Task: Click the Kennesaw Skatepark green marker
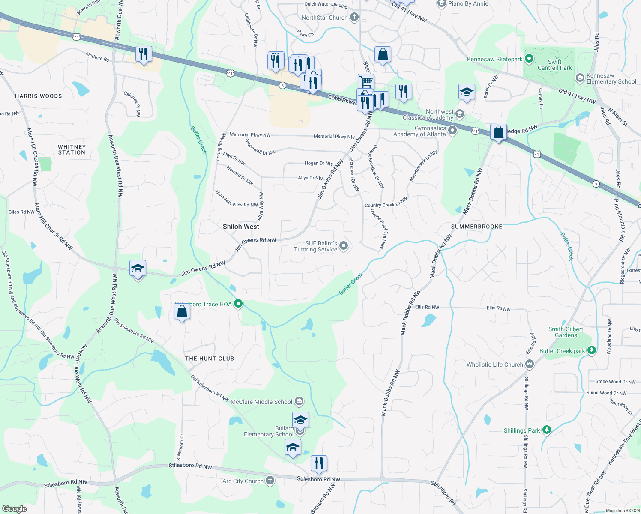(x=529, y=59)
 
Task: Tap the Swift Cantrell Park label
(x=554, y=65)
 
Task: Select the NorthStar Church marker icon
(x=354, y=18)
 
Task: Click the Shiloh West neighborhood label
(x=241, y=227)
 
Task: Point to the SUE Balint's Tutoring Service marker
(x=344, y=246)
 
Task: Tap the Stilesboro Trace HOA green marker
(x=238, y=304)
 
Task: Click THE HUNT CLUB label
(x=210, y=359)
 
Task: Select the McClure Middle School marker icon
(x=299, y=401)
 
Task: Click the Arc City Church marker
(x=270, y=481)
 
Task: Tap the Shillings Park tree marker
(x=546, y=430)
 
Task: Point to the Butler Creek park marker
(x=592, y=350)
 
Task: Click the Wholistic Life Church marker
(x=530, y=364)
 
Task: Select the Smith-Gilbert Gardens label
(x=566, y=332)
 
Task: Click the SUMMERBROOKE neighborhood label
(x=476, y=227)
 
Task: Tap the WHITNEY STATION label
(x=72, y=149)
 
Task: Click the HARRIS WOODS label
(x=39, y=96)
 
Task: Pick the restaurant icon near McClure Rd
(x=144, y=54)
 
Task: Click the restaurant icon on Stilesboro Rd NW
(x=318, y=463)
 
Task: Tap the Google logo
(x=14, y=508)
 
